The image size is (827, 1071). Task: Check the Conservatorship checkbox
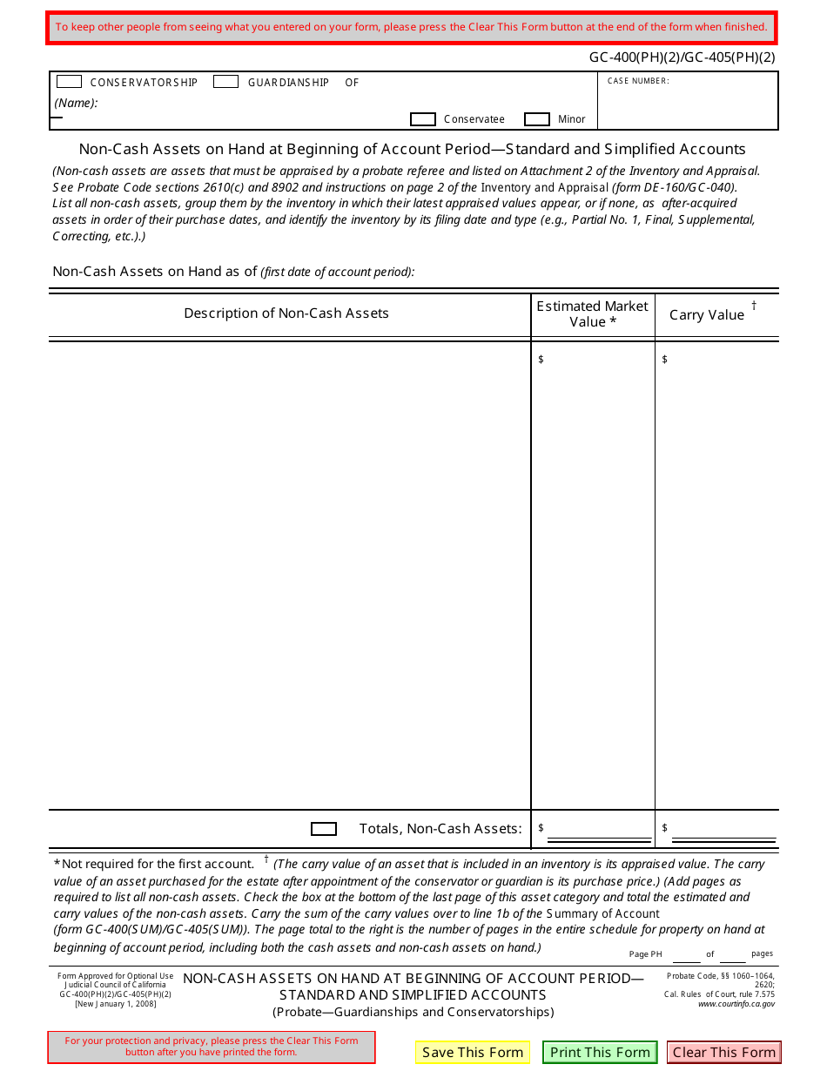coord(69,82)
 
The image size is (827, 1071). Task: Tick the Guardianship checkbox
coord(225,82)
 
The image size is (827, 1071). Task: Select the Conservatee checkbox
coord(423,119)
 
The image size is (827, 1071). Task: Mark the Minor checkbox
coord(537,119)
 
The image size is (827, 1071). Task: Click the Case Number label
coord(638,81)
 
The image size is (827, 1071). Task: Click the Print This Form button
coord(600,1052)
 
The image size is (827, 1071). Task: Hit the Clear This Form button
coord(723,1052)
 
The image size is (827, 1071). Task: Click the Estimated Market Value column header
coord(593,313)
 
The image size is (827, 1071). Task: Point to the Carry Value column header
coord(707,315)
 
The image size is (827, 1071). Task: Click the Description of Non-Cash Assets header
coord(286,313)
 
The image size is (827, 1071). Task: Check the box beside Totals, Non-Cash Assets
coord(324,829)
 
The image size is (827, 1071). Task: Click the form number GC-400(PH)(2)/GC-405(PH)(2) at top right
coord(682,58)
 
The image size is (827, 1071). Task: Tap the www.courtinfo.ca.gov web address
coord(736,1004)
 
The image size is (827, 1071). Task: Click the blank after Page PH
coord(686,954)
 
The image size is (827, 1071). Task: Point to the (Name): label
coord(76,103)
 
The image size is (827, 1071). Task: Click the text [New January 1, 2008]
coord(116,1004)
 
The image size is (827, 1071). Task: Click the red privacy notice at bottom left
coord(212,1047)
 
